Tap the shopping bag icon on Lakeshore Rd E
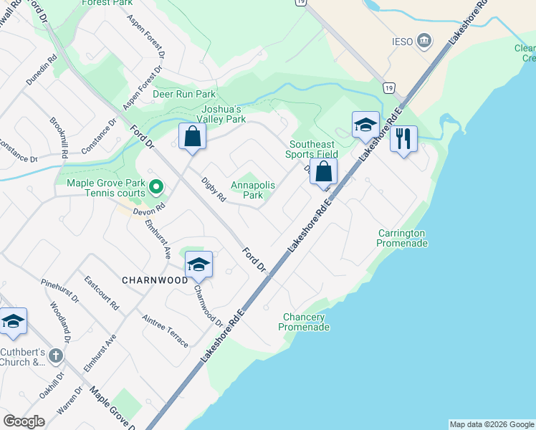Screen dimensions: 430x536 323,171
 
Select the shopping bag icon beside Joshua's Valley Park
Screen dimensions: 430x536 192,135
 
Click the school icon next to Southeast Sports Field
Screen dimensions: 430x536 365,125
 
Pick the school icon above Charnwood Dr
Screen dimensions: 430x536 198,264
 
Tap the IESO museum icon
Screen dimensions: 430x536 424,41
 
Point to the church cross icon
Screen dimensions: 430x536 56,355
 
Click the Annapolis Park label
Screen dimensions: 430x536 253,190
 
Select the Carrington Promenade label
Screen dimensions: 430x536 402,239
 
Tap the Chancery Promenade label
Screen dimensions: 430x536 305,322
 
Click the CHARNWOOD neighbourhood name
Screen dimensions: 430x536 155,280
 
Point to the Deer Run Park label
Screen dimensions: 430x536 184,94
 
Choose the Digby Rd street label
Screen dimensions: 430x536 214,190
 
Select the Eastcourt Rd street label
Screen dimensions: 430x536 101,292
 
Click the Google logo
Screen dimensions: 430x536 24,421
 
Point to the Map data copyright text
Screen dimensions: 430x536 491,424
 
